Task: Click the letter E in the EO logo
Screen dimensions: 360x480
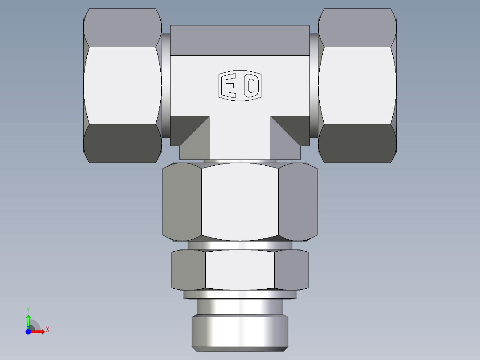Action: (229, 86)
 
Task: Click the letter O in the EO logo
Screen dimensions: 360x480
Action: (251, 86)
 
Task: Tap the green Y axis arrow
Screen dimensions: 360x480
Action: (28, 319)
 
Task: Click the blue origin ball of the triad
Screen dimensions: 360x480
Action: (28, 331)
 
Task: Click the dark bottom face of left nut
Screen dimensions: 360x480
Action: (122, 143)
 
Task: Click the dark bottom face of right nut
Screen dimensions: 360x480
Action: (357, 143)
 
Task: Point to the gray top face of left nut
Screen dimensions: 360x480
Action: (122, 28)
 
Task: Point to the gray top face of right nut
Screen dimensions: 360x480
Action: (357, 28)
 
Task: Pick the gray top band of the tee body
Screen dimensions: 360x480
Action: (240, 40)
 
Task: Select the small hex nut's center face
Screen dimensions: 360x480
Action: (240, 270)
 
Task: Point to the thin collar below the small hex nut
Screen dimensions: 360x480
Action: (240, 294)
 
